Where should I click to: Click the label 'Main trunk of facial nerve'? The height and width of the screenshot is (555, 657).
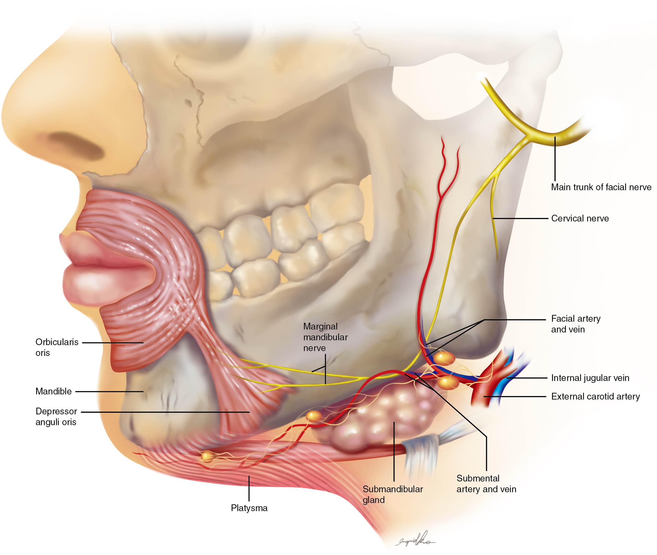601,187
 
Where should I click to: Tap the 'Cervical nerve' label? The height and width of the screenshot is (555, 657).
580,218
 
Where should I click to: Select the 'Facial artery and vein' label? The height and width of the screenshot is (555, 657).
576,324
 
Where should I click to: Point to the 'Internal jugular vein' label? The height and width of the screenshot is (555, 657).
590,378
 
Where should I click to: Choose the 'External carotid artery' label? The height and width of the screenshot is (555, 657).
595,396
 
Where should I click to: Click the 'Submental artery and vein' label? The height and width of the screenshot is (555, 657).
486,484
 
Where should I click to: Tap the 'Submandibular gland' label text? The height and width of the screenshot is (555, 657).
392,494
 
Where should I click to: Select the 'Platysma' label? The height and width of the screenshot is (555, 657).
249,508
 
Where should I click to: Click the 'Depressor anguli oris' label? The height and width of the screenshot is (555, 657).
56,417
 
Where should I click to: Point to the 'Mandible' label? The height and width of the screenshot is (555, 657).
54,391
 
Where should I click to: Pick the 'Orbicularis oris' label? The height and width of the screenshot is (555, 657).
57,347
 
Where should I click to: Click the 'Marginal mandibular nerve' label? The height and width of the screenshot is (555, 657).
325,337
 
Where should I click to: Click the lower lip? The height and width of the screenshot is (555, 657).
104,283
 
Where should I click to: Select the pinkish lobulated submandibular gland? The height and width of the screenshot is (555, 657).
384,415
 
